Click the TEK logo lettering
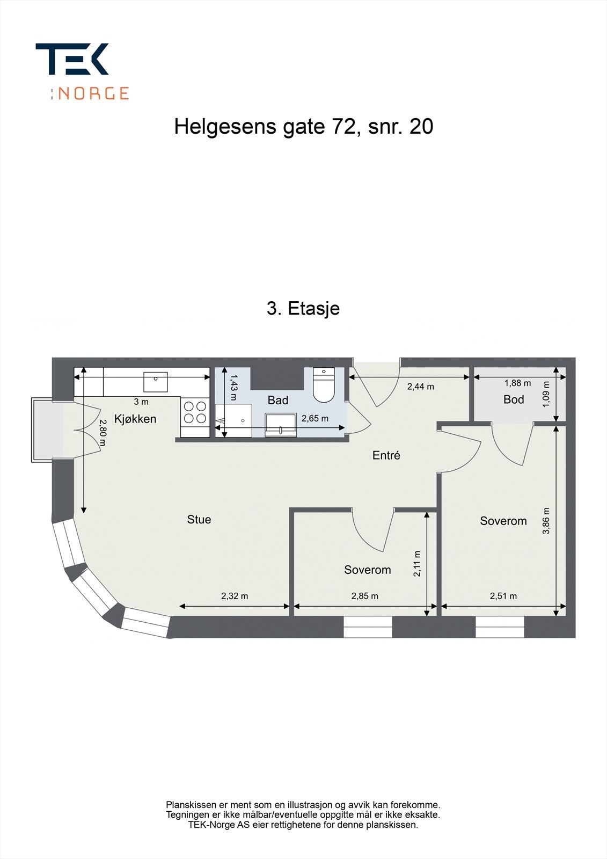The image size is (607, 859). pos(72,59)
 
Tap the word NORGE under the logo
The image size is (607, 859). pos(93,93)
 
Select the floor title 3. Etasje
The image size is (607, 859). pos(303,309)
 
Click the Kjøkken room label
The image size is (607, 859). pos(135,419)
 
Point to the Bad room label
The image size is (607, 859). pos(278,400)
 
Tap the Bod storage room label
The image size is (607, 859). pos(514,399)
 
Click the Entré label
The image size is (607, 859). pos(386,455)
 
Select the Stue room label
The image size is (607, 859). pos(199,519)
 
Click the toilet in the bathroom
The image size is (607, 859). pos(324,386)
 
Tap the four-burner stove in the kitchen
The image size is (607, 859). pos(195,412)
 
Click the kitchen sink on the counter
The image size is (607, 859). pos(155,382)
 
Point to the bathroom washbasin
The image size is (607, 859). pos(281,424)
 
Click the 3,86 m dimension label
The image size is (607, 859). pos(546,521)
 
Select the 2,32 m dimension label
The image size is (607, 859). pos(235,596)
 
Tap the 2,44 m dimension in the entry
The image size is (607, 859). pos(420,386)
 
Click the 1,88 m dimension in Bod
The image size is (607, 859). pos(517,383)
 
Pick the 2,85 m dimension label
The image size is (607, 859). pos(365,596)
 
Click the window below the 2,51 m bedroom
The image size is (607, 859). pos(500,627)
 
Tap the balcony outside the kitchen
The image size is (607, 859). pos(42,429)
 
